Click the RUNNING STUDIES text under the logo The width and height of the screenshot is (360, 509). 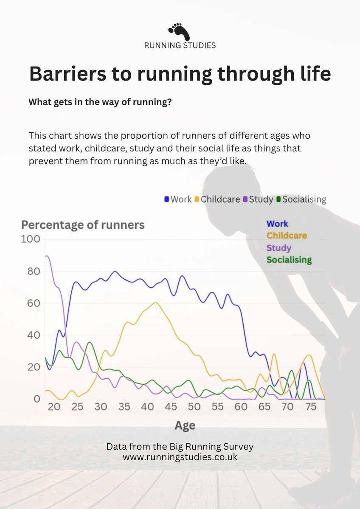pos(180,45)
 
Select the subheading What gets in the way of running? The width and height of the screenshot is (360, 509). pos(100,103)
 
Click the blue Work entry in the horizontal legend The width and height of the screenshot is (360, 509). pos(178,199)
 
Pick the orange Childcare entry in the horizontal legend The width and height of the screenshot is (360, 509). pos(217,199)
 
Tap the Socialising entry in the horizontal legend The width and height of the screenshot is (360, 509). pos(301,199)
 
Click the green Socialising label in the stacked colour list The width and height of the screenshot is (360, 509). pos(289,260)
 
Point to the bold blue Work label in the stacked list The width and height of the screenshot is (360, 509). pos(277,224)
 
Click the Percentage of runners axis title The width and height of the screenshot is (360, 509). pos(83,225)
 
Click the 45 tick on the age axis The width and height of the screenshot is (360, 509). pos(171,407)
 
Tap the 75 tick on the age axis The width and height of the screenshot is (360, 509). pos(311,407)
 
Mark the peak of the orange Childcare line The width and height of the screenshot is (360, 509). pos(155,302)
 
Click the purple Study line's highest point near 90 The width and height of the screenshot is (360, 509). pos(47,256)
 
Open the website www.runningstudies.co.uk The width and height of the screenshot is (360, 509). pos(180,458)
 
